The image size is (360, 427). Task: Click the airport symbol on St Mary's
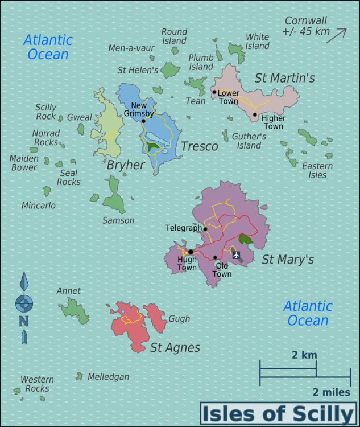(236, 254)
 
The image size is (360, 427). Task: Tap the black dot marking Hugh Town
(191, 252)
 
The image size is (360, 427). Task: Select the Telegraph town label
(183, 228)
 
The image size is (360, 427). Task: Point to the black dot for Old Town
(215, 257)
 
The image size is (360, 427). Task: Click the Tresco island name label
(199, 146)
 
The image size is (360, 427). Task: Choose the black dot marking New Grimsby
(144, 121)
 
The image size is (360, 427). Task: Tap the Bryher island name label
(126, 165)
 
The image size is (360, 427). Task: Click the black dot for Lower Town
(214, 92)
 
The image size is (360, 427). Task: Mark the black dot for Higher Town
(255, 114)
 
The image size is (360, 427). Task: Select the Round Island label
(174, 36)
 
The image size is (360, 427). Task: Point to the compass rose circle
(24, 303)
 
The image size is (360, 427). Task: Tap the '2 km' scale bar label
(304, 355)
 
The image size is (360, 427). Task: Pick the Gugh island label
(179, 319)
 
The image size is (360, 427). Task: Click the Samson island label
(118, 220)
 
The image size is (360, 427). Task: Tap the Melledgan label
(108, 377)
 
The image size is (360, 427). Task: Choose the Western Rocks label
(37, 384)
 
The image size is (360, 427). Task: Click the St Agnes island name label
(175, 347)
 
